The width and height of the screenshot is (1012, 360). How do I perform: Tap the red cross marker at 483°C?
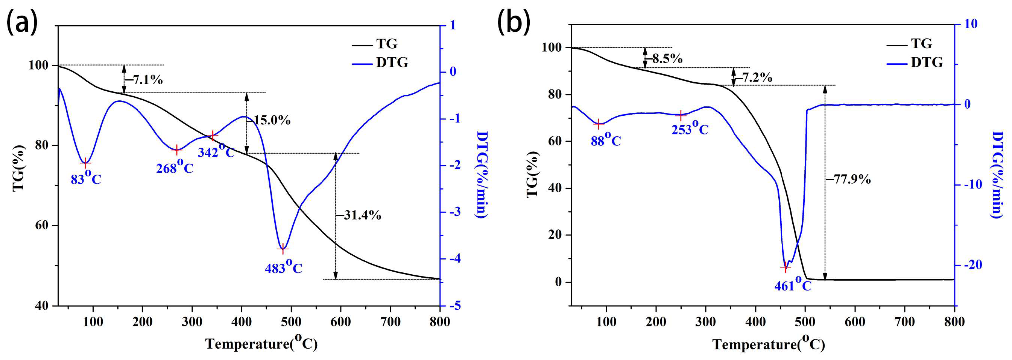coord(282,249)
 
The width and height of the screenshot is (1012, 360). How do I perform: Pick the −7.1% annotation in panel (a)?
coord(144,80)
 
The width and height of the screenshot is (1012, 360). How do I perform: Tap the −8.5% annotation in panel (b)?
coord(664,59)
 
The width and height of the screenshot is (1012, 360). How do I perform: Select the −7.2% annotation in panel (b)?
coord(753,78)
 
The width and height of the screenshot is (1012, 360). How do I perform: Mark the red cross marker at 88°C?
coord(599,124)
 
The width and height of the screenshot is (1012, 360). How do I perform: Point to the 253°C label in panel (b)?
coord(690,128)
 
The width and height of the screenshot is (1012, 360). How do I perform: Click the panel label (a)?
coord(22,23)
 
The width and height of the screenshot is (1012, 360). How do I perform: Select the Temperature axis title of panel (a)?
coord(261,344)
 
